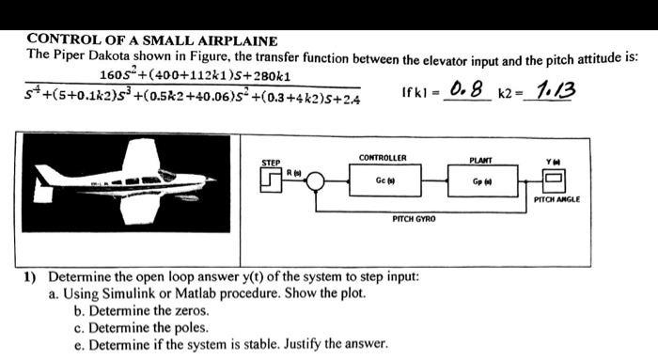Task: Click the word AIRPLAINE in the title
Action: [231, 40]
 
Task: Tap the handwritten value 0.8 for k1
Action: [467, 90]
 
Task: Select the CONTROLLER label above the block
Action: [383, 158]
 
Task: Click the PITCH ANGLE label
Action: [556, 200]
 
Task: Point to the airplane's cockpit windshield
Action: [166, 176]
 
